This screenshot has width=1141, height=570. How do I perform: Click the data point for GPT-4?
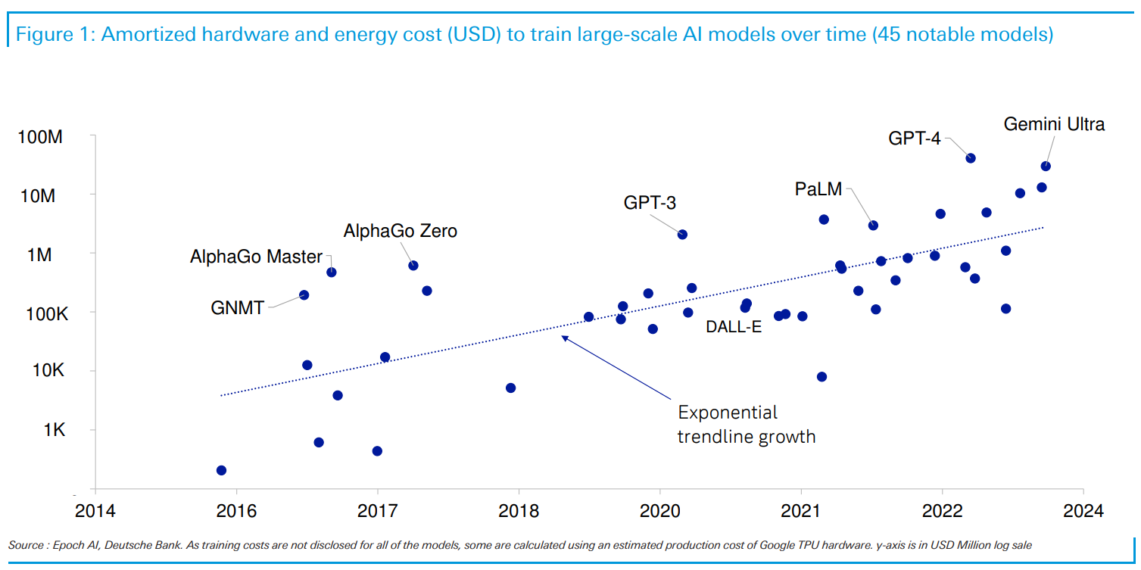pyautogui.click(x=971, y=158)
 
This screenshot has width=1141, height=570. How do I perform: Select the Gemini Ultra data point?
pyautogui.click(x=1046, y=166)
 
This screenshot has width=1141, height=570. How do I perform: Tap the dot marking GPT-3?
pyautogui.click(x=683, y=235)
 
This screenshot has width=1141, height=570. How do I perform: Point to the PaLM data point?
pyautogui.click(x=873, y=225)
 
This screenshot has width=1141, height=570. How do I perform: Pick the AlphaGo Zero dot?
pyautogui.click(x=413, y=266)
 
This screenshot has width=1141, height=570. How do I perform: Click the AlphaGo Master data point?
pyautogui.click(x=331, y=272)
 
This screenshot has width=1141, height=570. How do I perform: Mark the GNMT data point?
pyautogui.click(x=304, y=295)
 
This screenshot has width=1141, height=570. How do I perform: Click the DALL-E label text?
pyautogui.click(x=734, y=326)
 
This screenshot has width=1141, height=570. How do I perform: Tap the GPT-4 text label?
pyautogui.click(x=915, y=139)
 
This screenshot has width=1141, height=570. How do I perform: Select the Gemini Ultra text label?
pyautogui.click(x=1054, y=124)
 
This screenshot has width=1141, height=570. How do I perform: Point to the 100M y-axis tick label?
pyautogui.click(x=40, y=136)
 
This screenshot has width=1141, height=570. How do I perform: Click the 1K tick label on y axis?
pyautogui.click(x=54, y=430)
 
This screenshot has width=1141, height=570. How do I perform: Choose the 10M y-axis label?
pyautogui.click(x=38, y=195)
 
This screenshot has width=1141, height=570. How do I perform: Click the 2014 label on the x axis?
pyautogui.click(x=95, y=510)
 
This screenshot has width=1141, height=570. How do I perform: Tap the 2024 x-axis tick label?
pyautogui.click(x=1083, y=510)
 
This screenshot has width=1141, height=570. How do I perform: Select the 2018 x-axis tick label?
pyautogui.click(x=519, y=510)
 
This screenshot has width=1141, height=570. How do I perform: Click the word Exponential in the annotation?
pyautogui.click(x=728, y=413)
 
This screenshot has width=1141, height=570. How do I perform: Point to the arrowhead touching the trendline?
pyautogui.click(x=564, y=338)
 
